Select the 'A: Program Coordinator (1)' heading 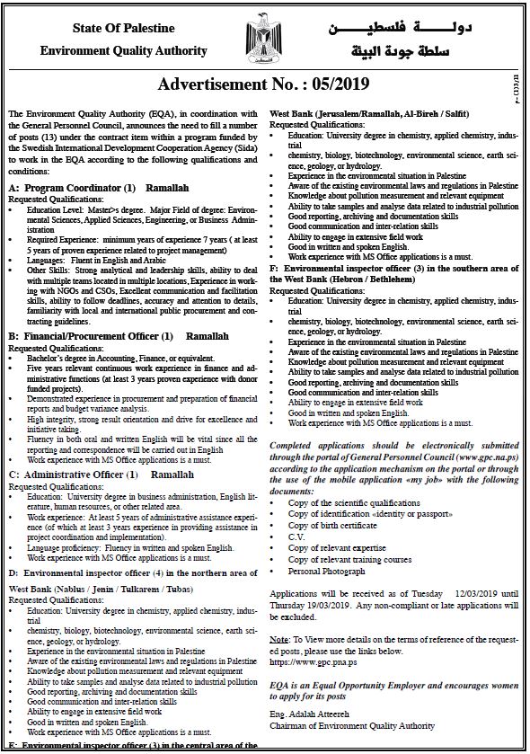(x=71, y=187)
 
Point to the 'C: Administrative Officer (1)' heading (x=71, y=474)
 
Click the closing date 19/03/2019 (x=326, y=607)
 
